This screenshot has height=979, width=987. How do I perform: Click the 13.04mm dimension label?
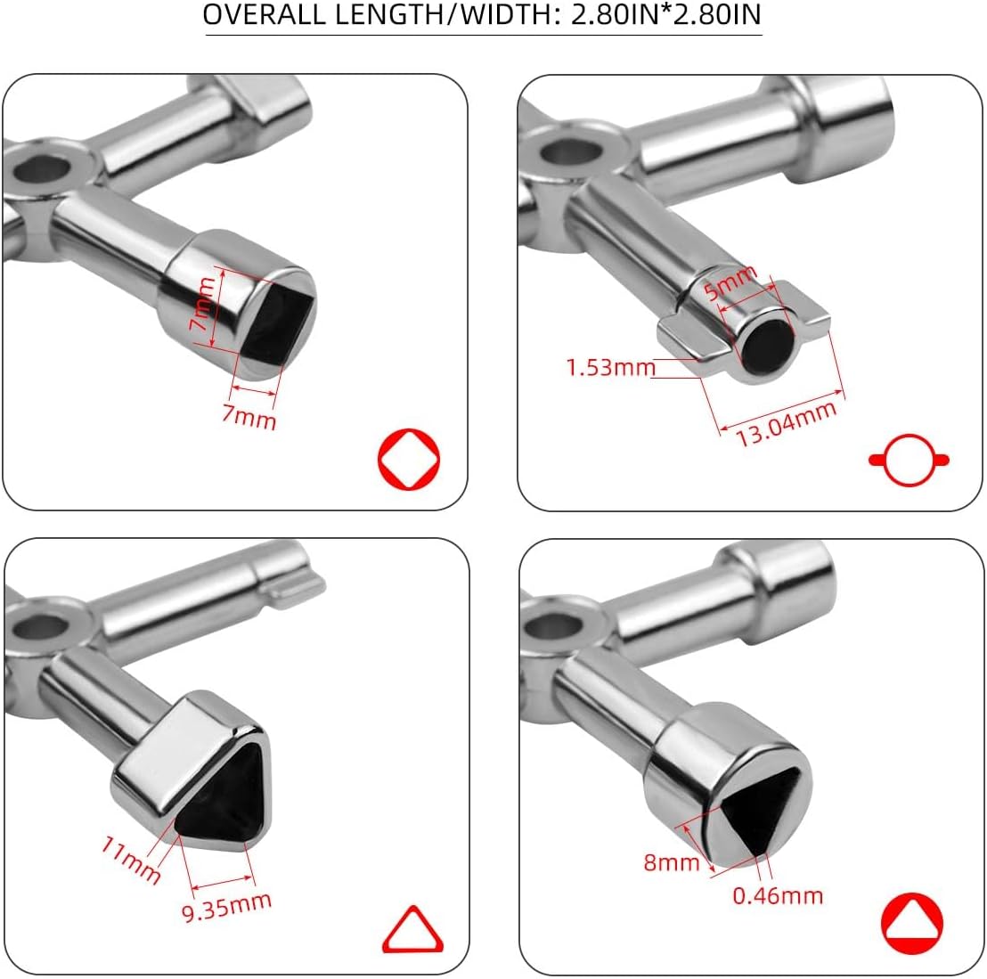pyautogui.click(x=787, y=423)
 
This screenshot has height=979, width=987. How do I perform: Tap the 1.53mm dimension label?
pyautogui.click(x=610, y=367)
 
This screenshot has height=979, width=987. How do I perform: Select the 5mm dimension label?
pyautogui.click(x=730, y=282)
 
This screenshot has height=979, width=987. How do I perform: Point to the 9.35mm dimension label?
pyautogui.click(x=226, y=907)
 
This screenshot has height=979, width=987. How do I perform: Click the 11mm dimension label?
pyautogui.click(x=131, y=860)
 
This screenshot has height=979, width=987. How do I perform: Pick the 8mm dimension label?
pyautogui.click(x=671, y=862)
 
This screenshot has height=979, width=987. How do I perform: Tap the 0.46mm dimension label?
pyautogui.click(x=778, y=895)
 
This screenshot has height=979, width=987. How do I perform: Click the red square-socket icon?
pyautogui.click(x=409, y=459)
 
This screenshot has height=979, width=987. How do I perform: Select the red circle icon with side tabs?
pyautogui.click(x=909, y=460)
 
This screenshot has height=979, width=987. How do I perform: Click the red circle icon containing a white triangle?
pyautogui.click(x=912, y=924)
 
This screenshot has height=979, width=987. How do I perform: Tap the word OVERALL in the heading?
pyautogui.click(x=265, y=14)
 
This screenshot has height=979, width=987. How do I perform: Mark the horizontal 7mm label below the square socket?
pyautogui.click(x=249, y=418)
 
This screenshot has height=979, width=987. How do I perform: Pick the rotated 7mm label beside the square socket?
pyautogui.click(x=203, y=305)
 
